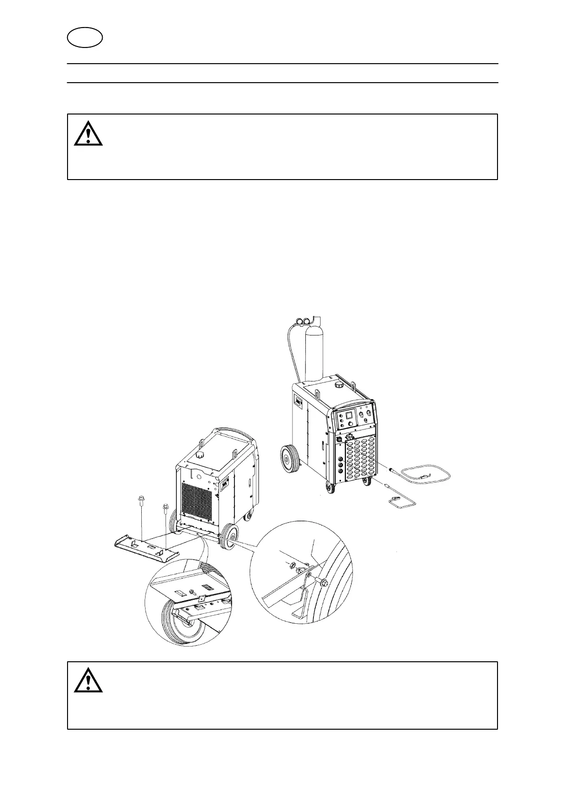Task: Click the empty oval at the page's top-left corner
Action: click(85, 38)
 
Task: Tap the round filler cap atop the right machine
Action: click(339, 383)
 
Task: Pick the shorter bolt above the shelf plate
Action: click(165, 508)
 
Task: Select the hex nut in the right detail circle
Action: click(288, 565)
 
